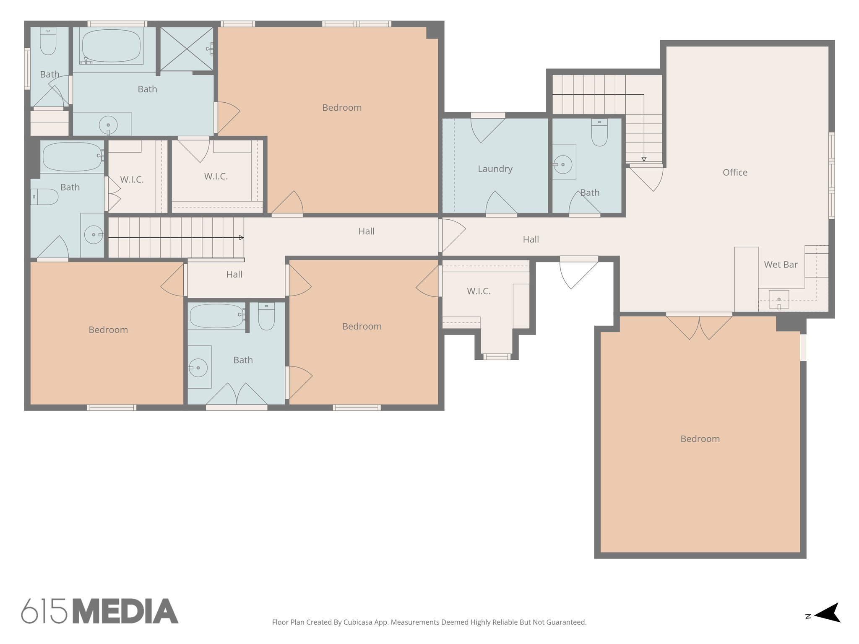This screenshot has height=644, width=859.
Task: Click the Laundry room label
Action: click(495, 169)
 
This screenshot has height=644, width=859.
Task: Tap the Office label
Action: click(735, 172)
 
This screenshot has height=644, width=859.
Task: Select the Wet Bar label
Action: click(781, 265)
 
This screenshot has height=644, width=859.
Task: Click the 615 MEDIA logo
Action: click(99, 611)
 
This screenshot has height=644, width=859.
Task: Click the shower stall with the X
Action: click(187, 49)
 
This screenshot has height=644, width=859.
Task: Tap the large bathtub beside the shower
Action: click(111, 46)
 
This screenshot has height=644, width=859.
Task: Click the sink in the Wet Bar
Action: click(778, 299)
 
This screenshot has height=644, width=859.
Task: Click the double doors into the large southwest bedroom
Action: click(699, 327)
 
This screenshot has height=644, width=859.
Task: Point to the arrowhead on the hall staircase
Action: click(241, 238)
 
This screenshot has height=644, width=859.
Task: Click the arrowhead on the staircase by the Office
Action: click(644, 159)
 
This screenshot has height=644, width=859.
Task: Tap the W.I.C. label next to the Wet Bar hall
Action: click(479, 291)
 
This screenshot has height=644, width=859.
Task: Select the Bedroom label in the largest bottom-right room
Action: click(700, 439)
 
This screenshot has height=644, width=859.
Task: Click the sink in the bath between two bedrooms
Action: click(198, 368)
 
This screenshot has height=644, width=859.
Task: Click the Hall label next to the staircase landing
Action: click(234, 275)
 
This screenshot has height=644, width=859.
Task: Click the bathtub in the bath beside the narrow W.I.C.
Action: click(72, 157)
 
